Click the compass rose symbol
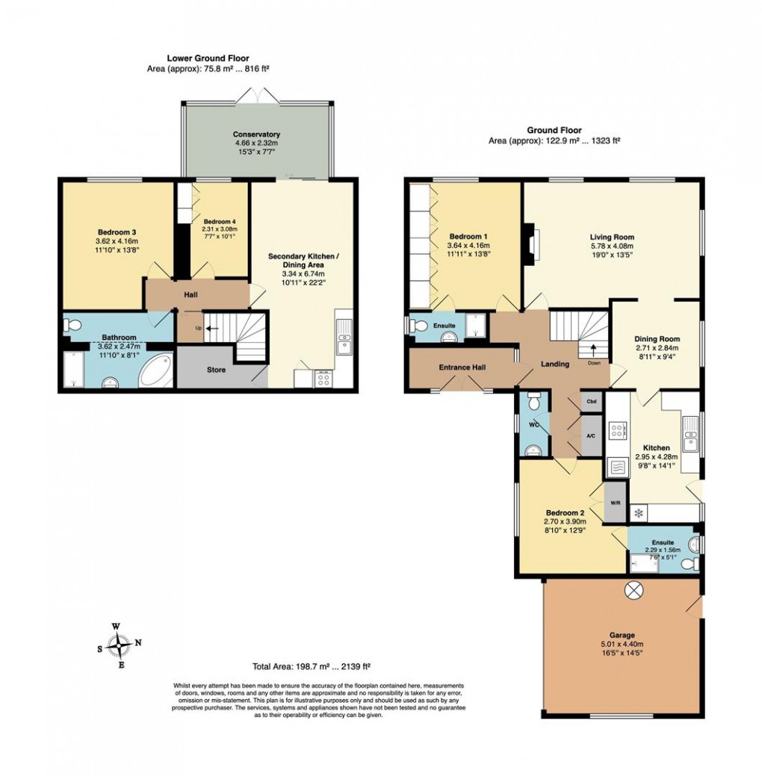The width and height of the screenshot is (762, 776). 120,643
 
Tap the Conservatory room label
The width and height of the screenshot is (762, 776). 255,135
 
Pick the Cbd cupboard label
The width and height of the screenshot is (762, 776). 591,401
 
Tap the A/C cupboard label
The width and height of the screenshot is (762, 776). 591,435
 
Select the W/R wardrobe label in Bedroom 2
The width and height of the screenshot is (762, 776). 616,503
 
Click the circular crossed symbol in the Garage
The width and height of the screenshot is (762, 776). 634,589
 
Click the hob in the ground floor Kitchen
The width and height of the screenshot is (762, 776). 619,430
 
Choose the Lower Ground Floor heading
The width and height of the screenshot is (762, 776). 208,58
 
